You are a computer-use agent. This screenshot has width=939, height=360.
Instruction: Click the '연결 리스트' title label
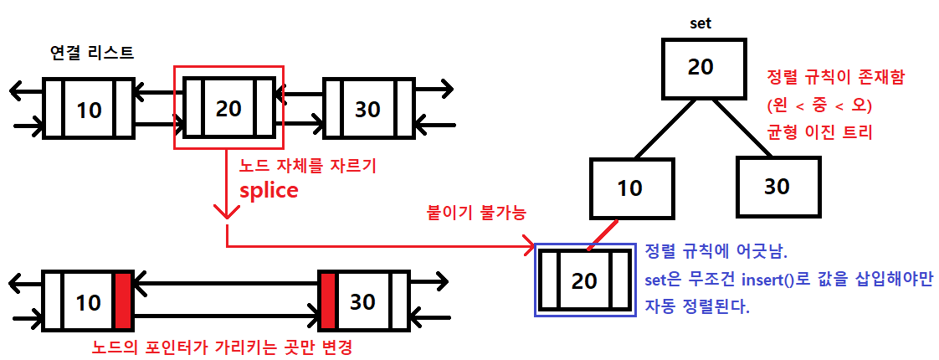(x=92, y=53)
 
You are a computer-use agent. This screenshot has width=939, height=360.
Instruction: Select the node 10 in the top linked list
(x=89, y=108)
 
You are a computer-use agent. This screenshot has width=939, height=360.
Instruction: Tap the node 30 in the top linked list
(x=368, y=108)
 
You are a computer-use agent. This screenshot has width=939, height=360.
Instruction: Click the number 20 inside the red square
(x=228, y=108)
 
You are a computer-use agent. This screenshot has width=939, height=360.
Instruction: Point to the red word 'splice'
(x=269, y=190)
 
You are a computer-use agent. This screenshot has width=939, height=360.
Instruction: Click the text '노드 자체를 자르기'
(x=308, y=166)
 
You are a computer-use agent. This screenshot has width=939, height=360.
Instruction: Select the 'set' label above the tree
(x=700, y=23)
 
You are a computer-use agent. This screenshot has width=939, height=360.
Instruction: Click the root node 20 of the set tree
(x=700, y=67)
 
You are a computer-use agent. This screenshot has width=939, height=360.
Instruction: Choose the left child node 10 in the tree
(x=629, y=188)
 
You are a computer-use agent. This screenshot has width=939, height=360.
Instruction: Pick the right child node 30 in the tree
(x=777, y=186)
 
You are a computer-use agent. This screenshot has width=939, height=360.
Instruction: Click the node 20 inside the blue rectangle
(x=584, y=280)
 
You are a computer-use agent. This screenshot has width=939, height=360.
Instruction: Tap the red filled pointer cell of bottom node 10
(x=124, y=301)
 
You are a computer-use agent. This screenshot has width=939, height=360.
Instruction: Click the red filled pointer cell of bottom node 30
(x=327, y=301)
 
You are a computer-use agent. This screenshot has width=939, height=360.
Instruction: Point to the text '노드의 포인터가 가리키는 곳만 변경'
(x=224, y=346)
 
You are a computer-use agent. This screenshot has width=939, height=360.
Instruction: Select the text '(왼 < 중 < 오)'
(x=819, y=105)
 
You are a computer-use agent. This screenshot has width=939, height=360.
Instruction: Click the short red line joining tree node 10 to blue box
(x=603, y=234)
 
